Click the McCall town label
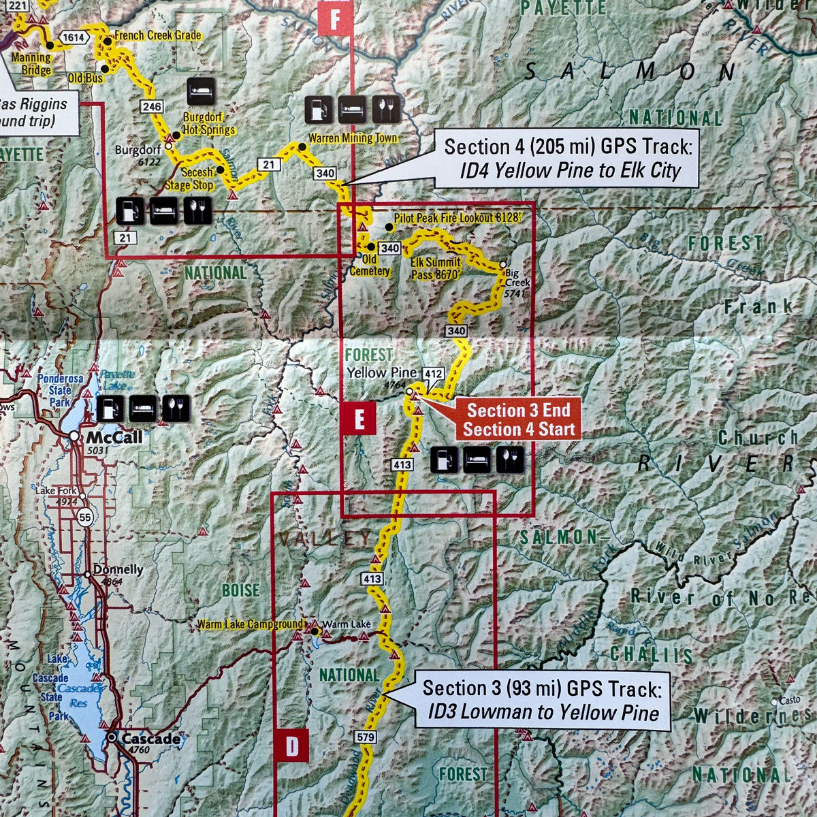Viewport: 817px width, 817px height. [114, 436]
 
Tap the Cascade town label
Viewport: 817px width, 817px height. [152, 739]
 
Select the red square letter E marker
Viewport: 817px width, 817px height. [359, 419]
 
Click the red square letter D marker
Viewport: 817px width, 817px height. [292, 746]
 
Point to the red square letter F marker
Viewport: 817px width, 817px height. [335, 18]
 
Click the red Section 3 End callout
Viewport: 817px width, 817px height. [519, 420]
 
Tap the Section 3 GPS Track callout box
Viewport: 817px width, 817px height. [542, 701]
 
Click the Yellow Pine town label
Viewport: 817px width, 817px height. [381, 373]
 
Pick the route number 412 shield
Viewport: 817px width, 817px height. [433, 373]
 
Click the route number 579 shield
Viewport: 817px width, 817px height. [365, 737]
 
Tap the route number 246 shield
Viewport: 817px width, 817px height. [151, 106]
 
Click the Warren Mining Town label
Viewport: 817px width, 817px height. [352, 138]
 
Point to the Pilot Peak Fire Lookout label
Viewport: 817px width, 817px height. [457, 218]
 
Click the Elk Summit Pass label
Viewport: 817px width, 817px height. [436, 268]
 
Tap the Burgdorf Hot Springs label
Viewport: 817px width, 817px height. [208, 123]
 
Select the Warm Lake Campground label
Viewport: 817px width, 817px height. [250, 624]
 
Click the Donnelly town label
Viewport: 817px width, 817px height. [118, 570]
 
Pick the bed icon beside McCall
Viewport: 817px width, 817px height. [142, 408]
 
